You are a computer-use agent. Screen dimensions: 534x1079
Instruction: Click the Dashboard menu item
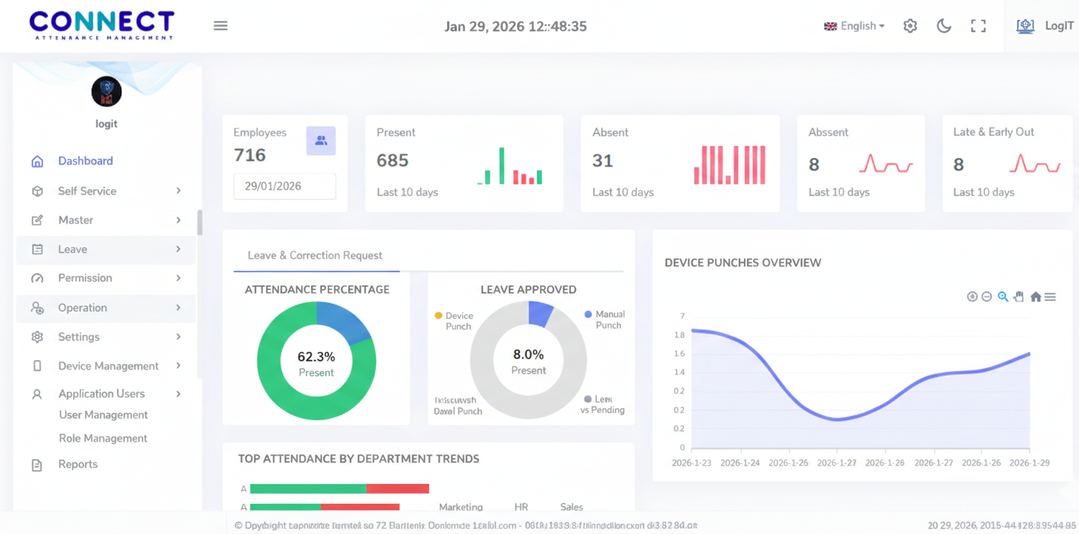coord(85,161)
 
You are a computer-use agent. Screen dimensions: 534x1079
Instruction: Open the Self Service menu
coord(87,191)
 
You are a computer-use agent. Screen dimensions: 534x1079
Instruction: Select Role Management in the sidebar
coord(103,438)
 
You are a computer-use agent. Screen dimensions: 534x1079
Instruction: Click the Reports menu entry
coord(77,464)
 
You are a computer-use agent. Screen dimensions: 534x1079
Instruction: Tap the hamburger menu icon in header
coord(221,26)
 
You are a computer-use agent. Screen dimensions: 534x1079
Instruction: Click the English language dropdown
coord(855,26)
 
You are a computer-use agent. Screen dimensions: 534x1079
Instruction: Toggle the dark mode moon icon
coord(944,26)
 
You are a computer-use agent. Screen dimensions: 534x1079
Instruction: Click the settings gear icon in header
coord(910,26)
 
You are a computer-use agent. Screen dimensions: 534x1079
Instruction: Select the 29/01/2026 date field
coord(284,186)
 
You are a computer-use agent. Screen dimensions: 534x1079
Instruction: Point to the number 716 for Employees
coord(249,155)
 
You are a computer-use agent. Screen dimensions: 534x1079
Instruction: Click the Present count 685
coord(392,161)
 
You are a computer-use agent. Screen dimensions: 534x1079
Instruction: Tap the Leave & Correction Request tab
coord(315,256)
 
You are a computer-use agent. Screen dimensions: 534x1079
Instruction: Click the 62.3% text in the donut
coord(316,357)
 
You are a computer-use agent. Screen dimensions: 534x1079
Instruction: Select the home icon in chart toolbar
coord(1035,297)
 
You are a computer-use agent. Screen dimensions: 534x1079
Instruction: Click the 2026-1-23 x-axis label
coord(692,463)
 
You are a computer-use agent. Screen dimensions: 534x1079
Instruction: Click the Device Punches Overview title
coord(742,262)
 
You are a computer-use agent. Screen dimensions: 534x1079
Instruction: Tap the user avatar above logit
coord(106,92)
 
